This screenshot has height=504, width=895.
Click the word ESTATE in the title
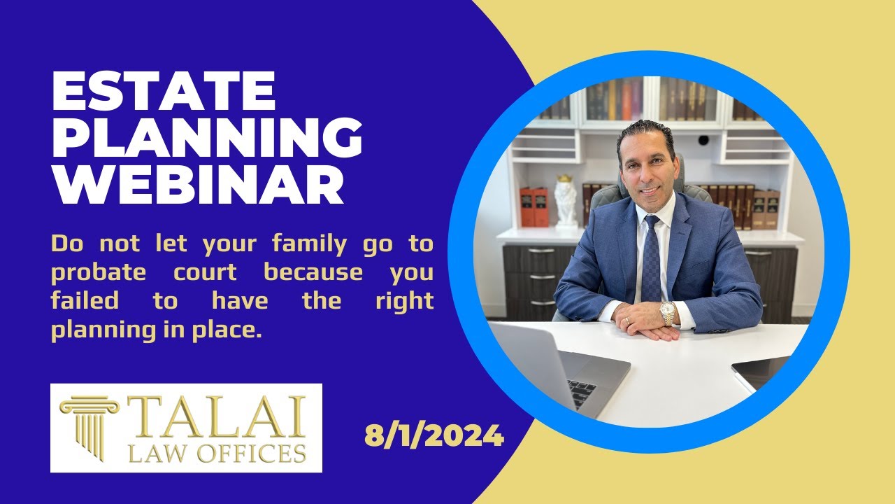pos(164,92)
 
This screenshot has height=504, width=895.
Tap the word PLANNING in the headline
pos(207,139)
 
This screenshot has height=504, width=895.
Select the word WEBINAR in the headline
pos(197,185)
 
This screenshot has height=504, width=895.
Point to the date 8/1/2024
pos(434,436)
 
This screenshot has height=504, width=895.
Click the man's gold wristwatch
pos(668,313)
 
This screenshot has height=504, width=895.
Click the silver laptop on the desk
pos(552,367)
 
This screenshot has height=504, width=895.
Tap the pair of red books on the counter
pos(533,207)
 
